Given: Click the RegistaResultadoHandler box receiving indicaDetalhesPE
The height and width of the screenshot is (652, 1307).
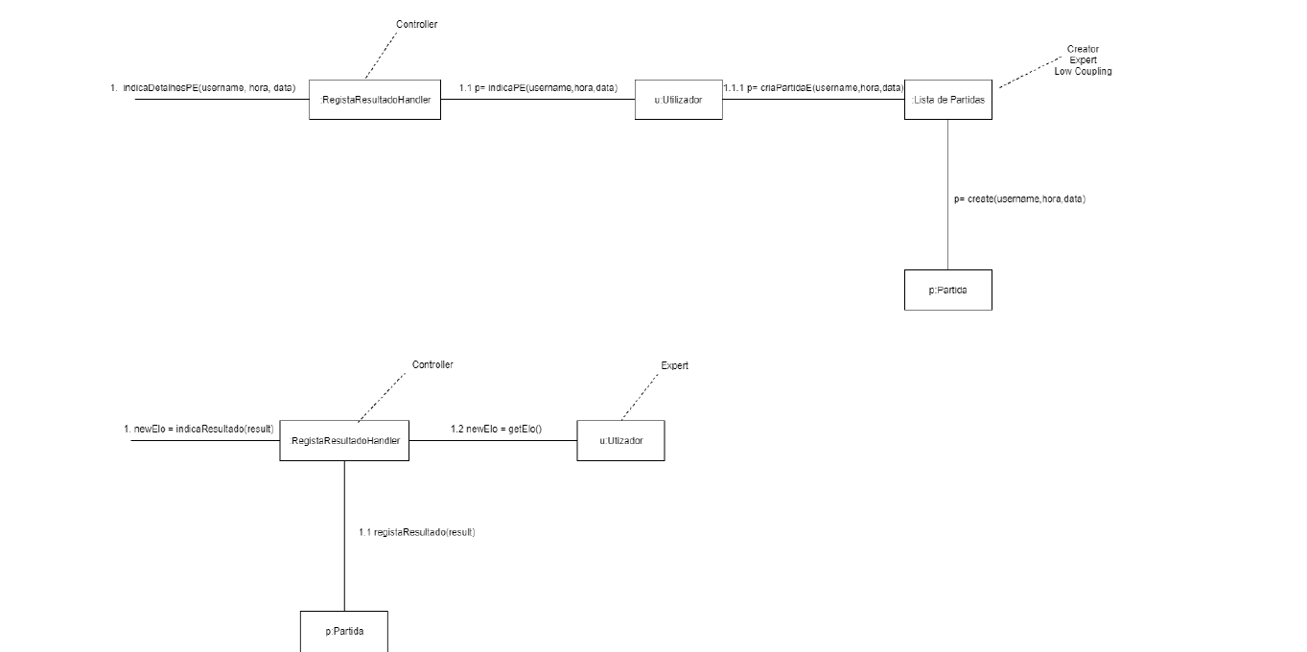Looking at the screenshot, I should tap(375, 100).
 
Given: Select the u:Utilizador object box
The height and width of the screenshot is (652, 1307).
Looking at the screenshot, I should tap(678, 100).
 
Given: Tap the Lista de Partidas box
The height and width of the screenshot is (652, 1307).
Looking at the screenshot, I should tap(947, 100).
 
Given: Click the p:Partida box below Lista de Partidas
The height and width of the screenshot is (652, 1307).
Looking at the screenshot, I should tap(947, 290).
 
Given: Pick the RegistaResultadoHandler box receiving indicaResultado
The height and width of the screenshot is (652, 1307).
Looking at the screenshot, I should tap(344, 440).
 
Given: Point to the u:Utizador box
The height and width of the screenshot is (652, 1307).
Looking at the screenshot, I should tap(620, 440).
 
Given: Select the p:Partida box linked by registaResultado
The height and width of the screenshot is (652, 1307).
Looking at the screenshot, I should tap(344, 632).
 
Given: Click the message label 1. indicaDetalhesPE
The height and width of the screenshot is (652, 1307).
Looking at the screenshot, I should tap(203, 88).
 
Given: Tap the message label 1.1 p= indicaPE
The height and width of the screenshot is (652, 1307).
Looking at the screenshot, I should tap(538, 88).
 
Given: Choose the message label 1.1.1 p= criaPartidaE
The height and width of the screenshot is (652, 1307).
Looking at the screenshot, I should tap(813, 88).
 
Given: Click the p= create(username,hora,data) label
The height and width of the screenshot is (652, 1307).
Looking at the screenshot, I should tap(1019, 198).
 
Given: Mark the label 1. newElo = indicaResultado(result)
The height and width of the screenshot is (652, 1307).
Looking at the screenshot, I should tap(198, 429).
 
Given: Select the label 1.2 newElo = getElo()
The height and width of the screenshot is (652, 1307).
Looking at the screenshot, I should tap(496, 429).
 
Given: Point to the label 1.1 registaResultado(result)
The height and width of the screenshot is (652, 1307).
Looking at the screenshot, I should tap(417, 532).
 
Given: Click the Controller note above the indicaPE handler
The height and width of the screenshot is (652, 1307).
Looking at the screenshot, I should tap(416, 25).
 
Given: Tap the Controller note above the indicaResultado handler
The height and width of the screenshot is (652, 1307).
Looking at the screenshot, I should tap(432, 365).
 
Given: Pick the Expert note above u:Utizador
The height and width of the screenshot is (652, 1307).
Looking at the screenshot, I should tap(674, 366).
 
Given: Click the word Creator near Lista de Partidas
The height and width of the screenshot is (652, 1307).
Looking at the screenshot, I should tap(1083, 49).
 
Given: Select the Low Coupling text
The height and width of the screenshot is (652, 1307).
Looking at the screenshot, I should tap(1083, 72).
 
